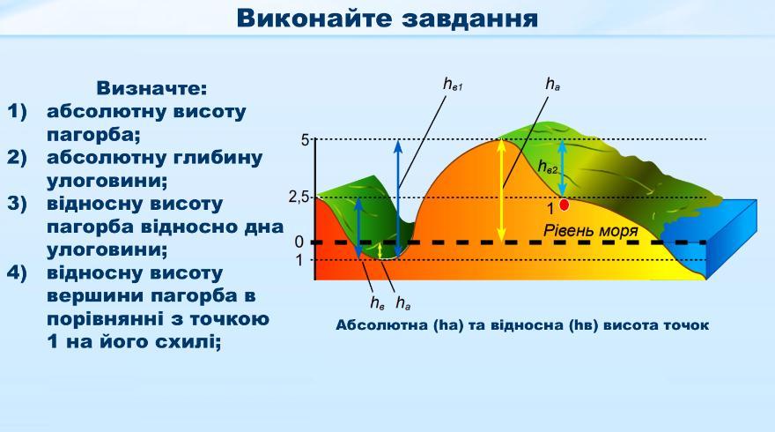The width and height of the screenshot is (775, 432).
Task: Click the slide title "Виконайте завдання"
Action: click(x=387, y=19)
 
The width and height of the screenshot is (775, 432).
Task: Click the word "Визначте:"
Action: click(x=151, y=88)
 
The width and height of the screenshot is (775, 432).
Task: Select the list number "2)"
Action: click(x=17, y=158)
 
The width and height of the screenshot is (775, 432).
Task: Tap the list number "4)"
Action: click(x=17, y=273)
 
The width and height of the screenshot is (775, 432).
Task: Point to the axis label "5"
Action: click(x=306, y=140)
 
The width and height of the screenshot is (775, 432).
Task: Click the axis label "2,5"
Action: click(x=298, y=197)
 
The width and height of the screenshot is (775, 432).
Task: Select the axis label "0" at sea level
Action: click(x=299, y=242)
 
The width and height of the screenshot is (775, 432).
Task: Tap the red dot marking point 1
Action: click(x=564, y=205)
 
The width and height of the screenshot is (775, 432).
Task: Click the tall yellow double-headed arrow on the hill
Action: click(x=502, y=190)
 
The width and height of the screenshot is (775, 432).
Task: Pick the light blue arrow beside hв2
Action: click(x=563, y=168)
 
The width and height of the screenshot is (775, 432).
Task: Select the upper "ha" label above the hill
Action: click(x=552, y=85)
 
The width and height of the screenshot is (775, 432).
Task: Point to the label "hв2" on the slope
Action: click(x=548, y=167)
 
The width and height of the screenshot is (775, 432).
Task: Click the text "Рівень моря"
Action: click(x=591, y=231)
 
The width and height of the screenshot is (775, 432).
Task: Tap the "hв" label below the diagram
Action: click(x=377, y=302)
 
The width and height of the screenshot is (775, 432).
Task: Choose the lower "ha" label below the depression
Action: click(x=402, y=302)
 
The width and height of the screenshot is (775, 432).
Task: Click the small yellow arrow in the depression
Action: click(x=380, y=251)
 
